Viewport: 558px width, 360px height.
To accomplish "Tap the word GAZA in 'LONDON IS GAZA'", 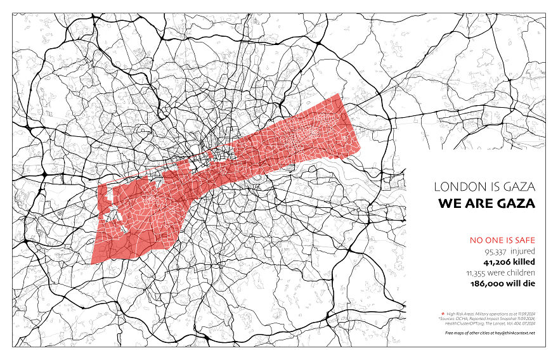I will point(518,187).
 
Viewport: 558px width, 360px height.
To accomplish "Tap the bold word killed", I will point(524,261).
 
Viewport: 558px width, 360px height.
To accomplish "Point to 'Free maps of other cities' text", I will point(469,333).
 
